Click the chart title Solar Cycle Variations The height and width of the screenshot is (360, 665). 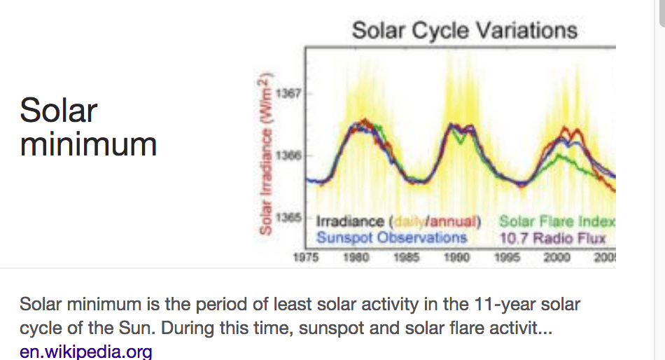point(464,30)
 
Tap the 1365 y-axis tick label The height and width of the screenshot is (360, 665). point(286,217)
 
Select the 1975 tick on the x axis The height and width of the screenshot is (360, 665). point(305,257)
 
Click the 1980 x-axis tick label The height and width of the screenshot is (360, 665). point(356,257)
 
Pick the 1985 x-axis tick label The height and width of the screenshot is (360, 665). point(406,257)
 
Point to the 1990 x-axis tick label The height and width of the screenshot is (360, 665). point(456,257)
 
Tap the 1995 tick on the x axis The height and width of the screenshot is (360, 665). point(507,257)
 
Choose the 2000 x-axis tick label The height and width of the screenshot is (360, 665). point(557,257)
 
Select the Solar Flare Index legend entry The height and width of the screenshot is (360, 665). point(557,222)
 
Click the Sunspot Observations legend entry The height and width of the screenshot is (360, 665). point(391,237)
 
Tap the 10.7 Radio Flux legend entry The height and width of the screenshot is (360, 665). point(552,237)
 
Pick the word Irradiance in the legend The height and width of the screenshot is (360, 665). point(349,222)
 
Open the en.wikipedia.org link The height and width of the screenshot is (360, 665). point(85,351)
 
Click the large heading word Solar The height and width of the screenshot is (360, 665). point(59,111)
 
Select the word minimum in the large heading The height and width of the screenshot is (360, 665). point(88,144)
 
